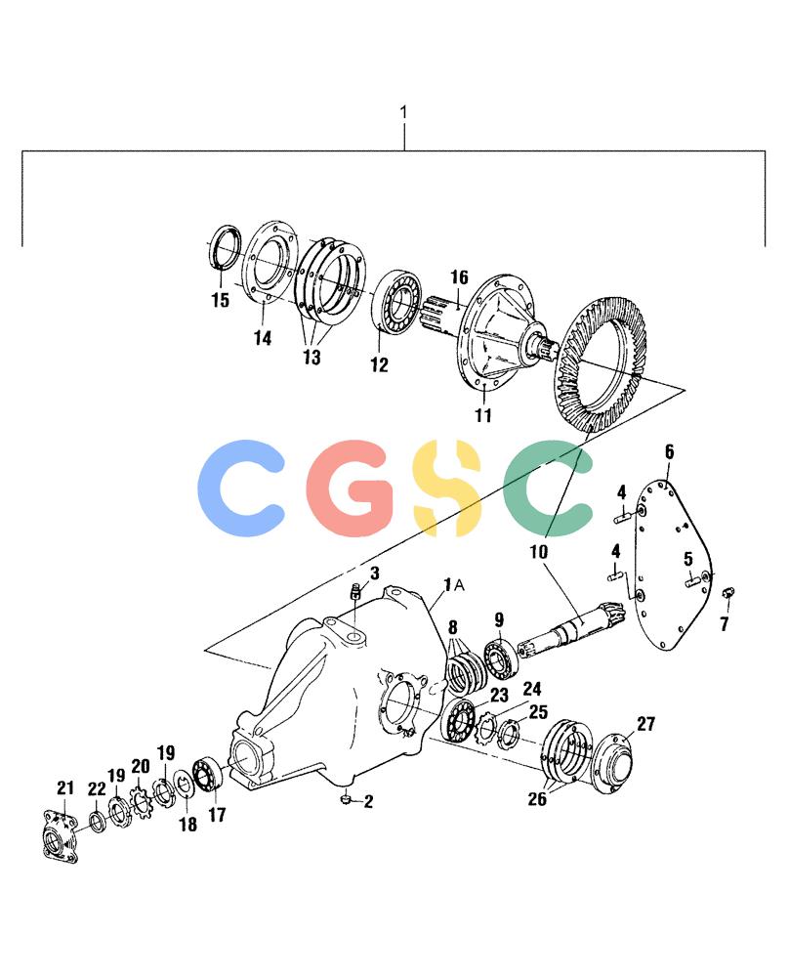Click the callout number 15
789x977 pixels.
pos(221,300)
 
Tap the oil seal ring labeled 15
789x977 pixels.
pos(225,249)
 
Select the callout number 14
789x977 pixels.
pos(263,338)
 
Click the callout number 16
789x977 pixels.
pos(460,277)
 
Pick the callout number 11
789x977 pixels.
pos(484,415)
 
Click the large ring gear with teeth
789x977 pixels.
pos(601,366)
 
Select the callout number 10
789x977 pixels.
pos(539,551)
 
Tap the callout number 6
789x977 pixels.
pos(670,451)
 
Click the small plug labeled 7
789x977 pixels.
pos(727,592)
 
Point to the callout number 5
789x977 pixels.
pos(688,559)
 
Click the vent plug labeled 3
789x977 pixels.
pos(356,591)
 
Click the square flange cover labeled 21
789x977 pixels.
pos(60,836)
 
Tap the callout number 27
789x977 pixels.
pos(645,724)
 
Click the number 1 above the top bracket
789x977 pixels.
pos(403,112)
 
